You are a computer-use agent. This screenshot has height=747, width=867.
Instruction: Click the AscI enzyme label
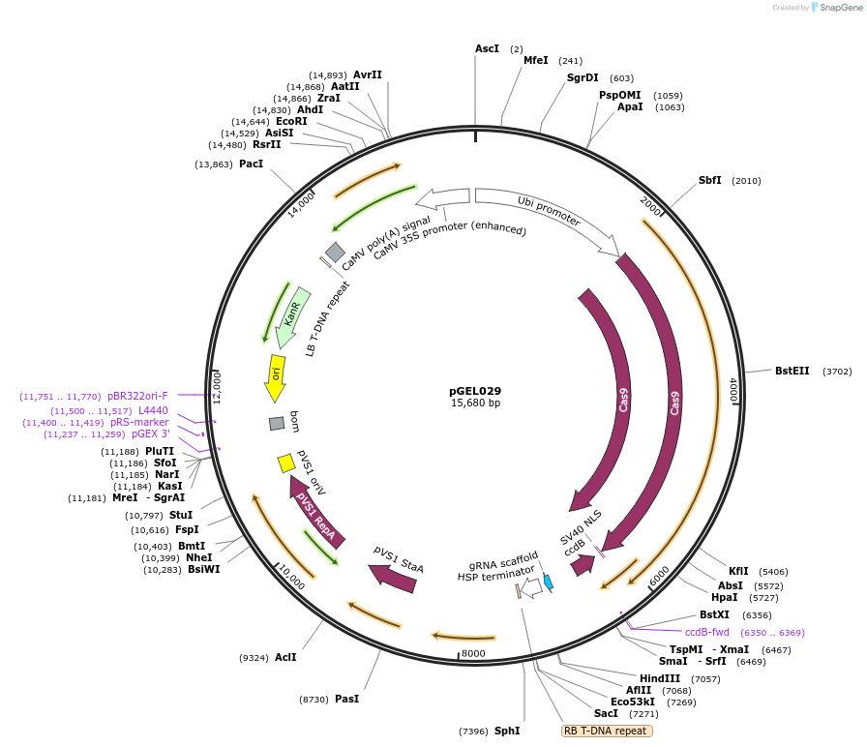(487, 48)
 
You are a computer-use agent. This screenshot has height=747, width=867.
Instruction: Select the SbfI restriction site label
(709, 180)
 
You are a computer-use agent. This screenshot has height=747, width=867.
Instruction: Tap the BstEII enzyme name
(792, 371)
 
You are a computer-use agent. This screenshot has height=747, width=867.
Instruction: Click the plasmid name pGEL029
(475, 391)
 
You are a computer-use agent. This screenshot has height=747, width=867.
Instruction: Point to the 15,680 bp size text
(475, 403)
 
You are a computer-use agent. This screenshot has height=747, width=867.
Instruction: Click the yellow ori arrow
(275, 377)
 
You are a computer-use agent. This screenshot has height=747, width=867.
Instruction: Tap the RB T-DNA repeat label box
(607, 731)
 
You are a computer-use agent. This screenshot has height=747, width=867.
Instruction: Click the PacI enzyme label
(251, 164)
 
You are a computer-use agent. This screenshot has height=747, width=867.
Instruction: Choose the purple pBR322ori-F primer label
(137, 396)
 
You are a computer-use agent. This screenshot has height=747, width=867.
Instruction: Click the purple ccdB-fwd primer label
(707, 632)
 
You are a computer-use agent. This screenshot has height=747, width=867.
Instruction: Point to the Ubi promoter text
(549, 211)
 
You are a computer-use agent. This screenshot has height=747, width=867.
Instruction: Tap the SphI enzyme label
(507, 731)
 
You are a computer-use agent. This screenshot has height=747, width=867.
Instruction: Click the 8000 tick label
(473, 653)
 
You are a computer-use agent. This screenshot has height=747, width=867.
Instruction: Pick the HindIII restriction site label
(660, 678)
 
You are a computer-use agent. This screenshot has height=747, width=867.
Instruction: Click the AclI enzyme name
(284, 657)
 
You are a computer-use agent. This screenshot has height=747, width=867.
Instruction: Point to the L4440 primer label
(153, 410)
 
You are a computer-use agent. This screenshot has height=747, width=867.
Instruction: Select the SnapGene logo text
(838, 8)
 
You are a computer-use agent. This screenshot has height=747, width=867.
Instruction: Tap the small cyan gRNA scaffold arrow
(549, 583)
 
